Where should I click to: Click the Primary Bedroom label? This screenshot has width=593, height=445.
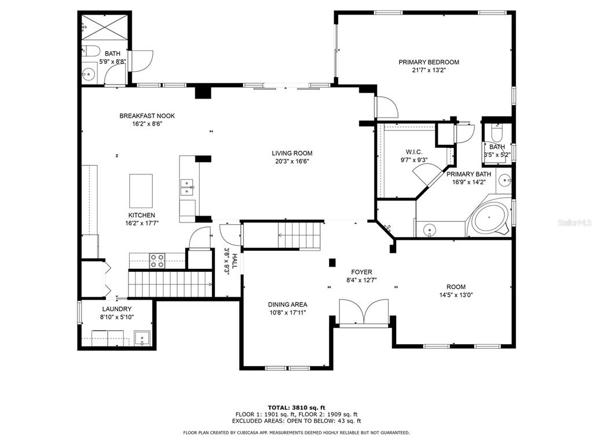(x=429, y=62)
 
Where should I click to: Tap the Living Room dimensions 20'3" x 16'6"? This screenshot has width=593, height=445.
(x=292, y=162)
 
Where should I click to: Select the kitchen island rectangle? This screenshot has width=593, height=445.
(x=141, y=191)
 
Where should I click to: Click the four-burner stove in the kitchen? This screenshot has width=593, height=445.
(x=157, y=260)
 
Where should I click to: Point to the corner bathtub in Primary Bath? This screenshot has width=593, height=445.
(x=490, y=218)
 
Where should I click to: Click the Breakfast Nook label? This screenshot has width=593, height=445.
(x=147, y=116)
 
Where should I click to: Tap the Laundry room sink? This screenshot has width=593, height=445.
(x=142, y=338)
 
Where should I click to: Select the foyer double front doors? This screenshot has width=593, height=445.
(x=364, y=312)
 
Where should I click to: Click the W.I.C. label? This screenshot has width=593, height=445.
(x=414, y=152)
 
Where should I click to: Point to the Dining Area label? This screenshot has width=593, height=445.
(x=287, y=304)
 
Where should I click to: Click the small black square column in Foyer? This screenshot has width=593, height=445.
(x=332, y=262)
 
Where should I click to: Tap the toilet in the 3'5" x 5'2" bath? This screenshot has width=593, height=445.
(x=496, y=133)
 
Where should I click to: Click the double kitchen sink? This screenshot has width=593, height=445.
(x=187, y=187)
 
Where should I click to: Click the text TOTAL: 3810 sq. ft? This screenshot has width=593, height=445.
(x=296, y=407)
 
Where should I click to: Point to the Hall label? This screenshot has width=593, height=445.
(x=235, y=261)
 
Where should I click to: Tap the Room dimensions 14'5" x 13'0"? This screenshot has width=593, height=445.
(x=456, y=295)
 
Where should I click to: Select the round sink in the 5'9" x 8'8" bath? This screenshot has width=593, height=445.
(x=89, y=74)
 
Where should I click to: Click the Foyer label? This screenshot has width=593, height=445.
(x=361, y=272)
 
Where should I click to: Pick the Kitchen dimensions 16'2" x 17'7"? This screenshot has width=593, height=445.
(x=142, y=223)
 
